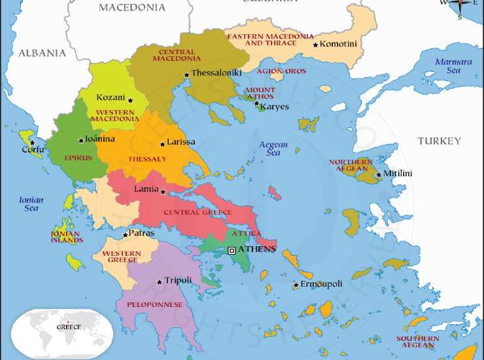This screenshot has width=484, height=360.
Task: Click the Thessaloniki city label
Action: (216, 73)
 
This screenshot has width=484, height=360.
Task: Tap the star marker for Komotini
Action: (315, 45)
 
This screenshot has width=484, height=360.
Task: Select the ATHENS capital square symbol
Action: (232, 250)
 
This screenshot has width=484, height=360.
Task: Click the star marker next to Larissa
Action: (163, 144)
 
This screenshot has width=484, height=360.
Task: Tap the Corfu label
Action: (32, 149)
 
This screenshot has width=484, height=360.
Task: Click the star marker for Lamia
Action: (163, 192)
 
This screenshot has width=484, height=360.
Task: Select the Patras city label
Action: (142, 232)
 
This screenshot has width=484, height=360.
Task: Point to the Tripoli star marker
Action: (159, 283)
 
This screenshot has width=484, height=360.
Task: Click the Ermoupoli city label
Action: (321, 284)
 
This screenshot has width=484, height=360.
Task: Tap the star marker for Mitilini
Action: (378, 174)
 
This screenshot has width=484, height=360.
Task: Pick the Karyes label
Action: (274, 107)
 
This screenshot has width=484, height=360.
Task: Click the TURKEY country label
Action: (440, 141)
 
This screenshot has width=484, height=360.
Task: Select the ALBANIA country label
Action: (42, 52)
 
